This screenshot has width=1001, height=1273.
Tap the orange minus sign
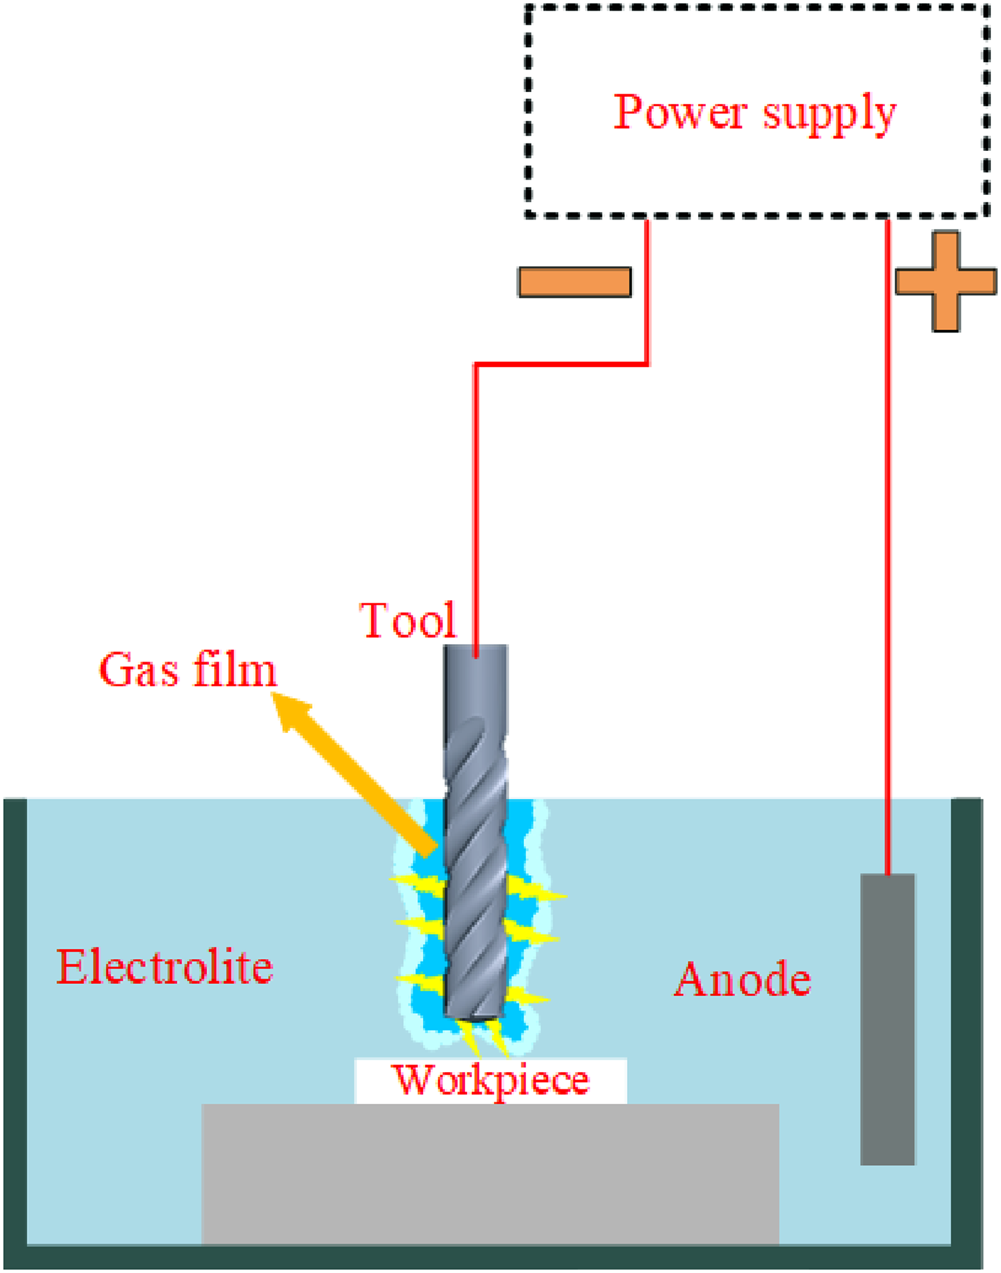(x=575, y=282)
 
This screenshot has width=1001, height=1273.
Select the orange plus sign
(x=946, y=281)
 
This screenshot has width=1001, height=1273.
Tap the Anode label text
(x=743, y=979)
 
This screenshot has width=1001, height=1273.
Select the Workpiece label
(x=490, y=1079)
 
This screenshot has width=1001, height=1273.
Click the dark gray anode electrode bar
(x=888, y=1019)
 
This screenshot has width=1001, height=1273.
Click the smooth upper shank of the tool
(x=476, y=681)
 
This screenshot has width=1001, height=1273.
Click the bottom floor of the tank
(x=492, y=1256)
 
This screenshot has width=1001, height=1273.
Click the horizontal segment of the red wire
(x=561, y=364)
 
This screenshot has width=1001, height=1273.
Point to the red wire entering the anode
(x=888, y=547)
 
